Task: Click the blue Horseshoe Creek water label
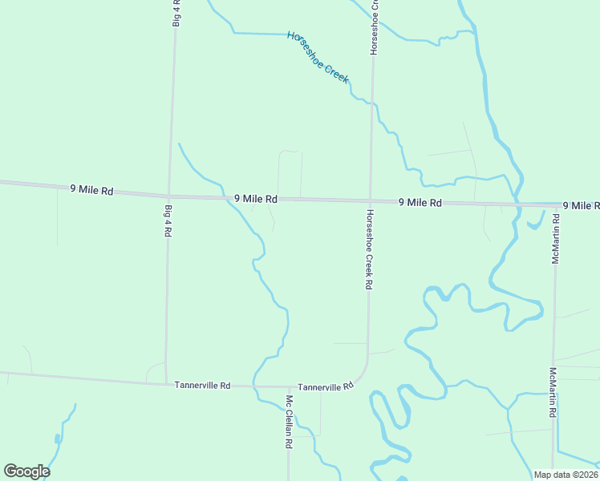(318, 57)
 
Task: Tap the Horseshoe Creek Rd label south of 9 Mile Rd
(369, 249)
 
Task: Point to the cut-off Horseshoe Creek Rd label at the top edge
(374, 28)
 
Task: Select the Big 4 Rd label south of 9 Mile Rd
(168, 220)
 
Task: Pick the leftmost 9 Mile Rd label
(91, 190)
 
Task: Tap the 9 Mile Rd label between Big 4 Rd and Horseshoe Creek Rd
(256, 198)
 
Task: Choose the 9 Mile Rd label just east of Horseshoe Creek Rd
(420, 203)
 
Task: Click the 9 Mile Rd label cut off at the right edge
(581, 206)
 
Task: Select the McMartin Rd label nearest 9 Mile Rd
(555, 238)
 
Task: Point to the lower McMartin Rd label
(553, 393)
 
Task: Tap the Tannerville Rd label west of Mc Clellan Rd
(202, 386)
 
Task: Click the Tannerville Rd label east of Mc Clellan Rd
(325, 386)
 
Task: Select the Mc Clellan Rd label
(289, 421)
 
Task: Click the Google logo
(26, 471)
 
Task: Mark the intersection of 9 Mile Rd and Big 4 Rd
(168, 196)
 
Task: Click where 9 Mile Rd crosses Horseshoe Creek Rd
(371, 200)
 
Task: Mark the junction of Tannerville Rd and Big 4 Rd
(166, 383)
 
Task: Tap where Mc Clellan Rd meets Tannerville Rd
(288, 387)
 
